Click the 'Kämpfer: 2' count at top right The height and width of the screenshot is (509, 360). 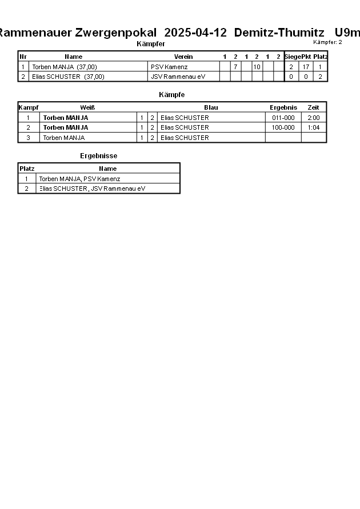[x=327, y=42]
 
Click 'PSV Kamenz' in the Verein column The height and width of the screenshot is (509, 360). [x=165, y=67]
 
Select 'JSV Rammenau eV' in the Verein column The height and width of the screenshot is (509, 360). [x=178, y=77]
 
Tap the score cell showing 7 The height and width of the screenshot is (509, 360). [x=235, y=67]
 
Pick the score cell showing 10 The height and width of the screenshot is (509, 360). [x=257, y=67]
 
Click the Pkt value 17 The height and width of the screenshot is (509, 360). [x=306, y=67]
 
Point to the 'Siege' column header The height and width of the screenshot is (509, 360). [x=292, y=57]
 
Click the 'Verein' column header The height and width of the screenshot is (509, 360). [x=183, y=57]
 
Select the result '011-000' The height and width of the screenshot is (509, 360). [x=283, y=118]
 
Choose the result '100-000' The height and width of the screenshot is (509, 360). [x=283, y=127]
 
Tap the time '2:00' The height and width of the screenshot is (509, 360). [x=313, y=118]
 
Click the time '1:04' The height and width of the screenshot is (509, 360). [x=313, y=127]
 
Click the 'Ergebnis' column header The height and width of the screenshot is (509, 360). [x=283, y=107]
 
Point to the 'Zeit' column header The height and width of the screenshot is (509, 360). [x=313, y=107]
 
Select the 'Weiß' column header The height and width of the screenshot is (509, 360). [x=87, y=107]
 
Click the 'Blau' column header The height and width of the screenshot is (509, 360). [x=211, y=107]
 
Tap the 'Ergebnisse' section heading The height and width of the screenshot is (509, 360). [x=99, y=156]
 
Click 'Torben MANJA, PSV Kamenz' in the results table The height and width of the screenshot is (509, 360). [x=79, y=179]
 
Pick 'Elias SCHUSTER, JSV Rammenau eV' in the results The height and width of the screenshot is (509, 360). [x=92, y=189]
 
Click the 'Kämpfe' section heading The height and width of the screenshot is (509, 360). [x=171, y=95]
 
